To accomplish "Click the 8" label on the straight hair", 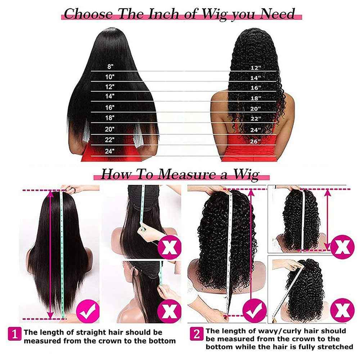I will click(110, 67).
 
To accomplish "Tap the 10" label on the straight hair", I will click(110, 77).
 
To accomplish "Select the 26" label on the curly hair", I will click(255, 141).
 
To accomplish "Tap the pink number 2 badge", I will click(197, 334).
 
